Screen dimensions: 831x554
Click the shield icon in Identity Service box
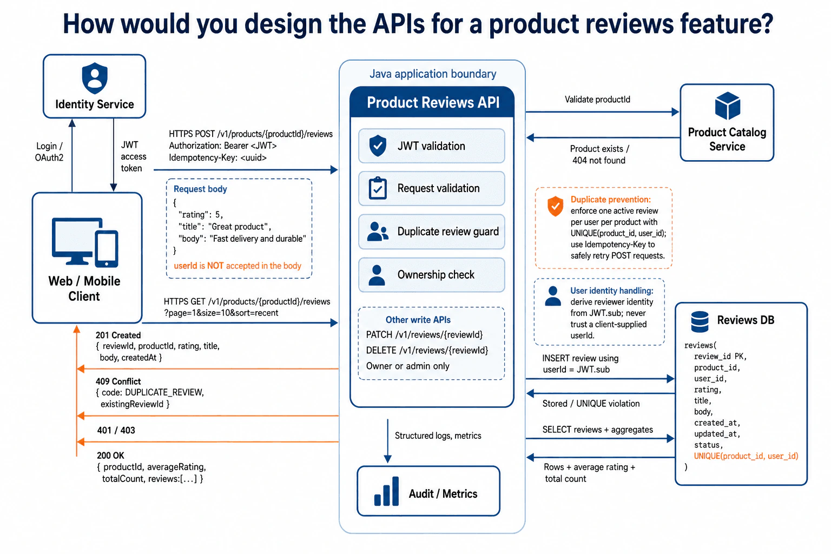tap(95, 78)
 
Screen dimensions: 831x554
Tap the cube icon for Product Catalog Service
tap(728, 105)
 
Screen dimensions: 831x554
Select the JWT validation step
tap(431, 146)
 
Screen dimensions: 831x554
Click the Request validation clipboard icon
tap(378, 188)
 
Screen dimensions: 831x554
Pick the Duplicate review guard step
tap(431, 232)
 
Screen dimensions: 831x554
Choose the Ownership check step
tap(431, 275)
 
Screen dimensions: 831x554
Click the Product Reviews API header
tap(432, 102)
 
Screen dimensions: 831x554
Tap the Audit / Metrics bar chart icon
tap(386, 491)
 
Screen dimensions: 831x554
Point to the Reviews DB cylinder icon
tap(700, 321)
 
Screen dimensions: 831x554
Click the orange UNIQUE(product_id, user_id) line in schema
tap(746, 456)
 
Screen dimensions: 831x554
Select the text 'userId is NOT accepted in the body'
tap(238, 266)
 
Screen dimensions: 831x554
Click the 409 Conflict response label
tap(118, 381)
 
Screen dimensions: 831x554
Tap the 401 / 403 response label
tap(116, 431)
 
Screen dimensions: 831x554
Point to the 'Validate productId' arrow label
tap(597, 100)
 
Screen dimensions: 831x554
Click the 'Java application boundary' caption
tap(433, 74)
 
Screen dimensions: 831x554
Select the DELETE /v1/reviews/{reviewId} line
tap(427, 350)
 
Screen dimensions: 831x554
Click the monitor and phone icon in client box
tap(85, 242)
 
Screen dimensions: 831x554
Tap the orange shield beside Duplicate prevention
tap(555, 206)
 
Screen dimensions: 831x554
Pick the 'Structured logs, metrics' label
tap(438, 436)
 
